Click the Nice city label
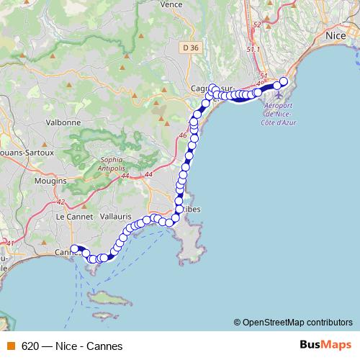pyautogui.click(x=336, y=35)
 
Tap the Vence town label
pyautogui.click(x=171, y=4)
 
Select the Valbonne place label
pyautogui.click(x=63, y=122)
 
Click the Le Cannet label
pyautogui.click(x=71, y=216)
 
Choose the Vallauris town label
pyautogui.click(x=114, y=216)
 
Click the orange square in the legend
pyautogui.click(x=9, y=346)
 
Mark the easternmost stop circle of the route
pyautogui.click(x=283, y=81)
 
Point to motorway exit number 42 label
pyautogui.click(x=60, y=202)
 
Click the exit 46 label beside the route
pyautogui.click(x=182, y=135)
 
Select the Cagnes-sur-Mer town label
pyautogui.click(x=210, y=89)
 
